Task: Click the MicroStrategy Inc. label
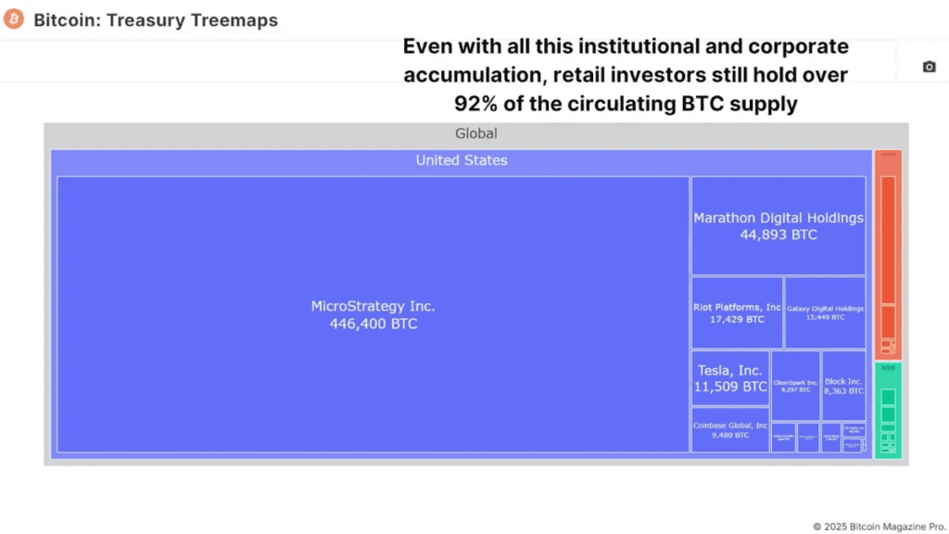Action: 373,306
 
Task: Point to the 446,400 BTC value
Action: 373,324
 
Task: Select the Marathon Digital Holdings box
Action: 778,225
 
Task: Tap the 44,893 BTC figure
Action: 778,235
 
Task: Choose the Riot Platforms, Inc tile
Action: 737,312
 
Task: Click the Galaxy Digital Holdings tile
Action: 825,312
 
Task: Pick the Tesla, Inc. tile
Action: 730,378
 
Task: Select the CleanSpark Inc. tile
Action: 795,386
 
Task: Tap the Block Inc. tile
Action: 843,386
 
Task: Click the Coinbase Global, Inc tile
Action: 730,429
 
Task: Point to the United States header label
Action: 462,160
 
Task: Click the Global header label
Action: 475,133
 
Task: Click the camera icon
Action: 929,67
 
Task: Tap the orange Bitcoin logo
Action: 14,19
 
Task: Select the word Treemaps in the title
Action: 232,19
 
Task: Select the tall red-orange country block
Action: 888,255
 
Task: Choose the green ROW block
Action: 888,410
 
